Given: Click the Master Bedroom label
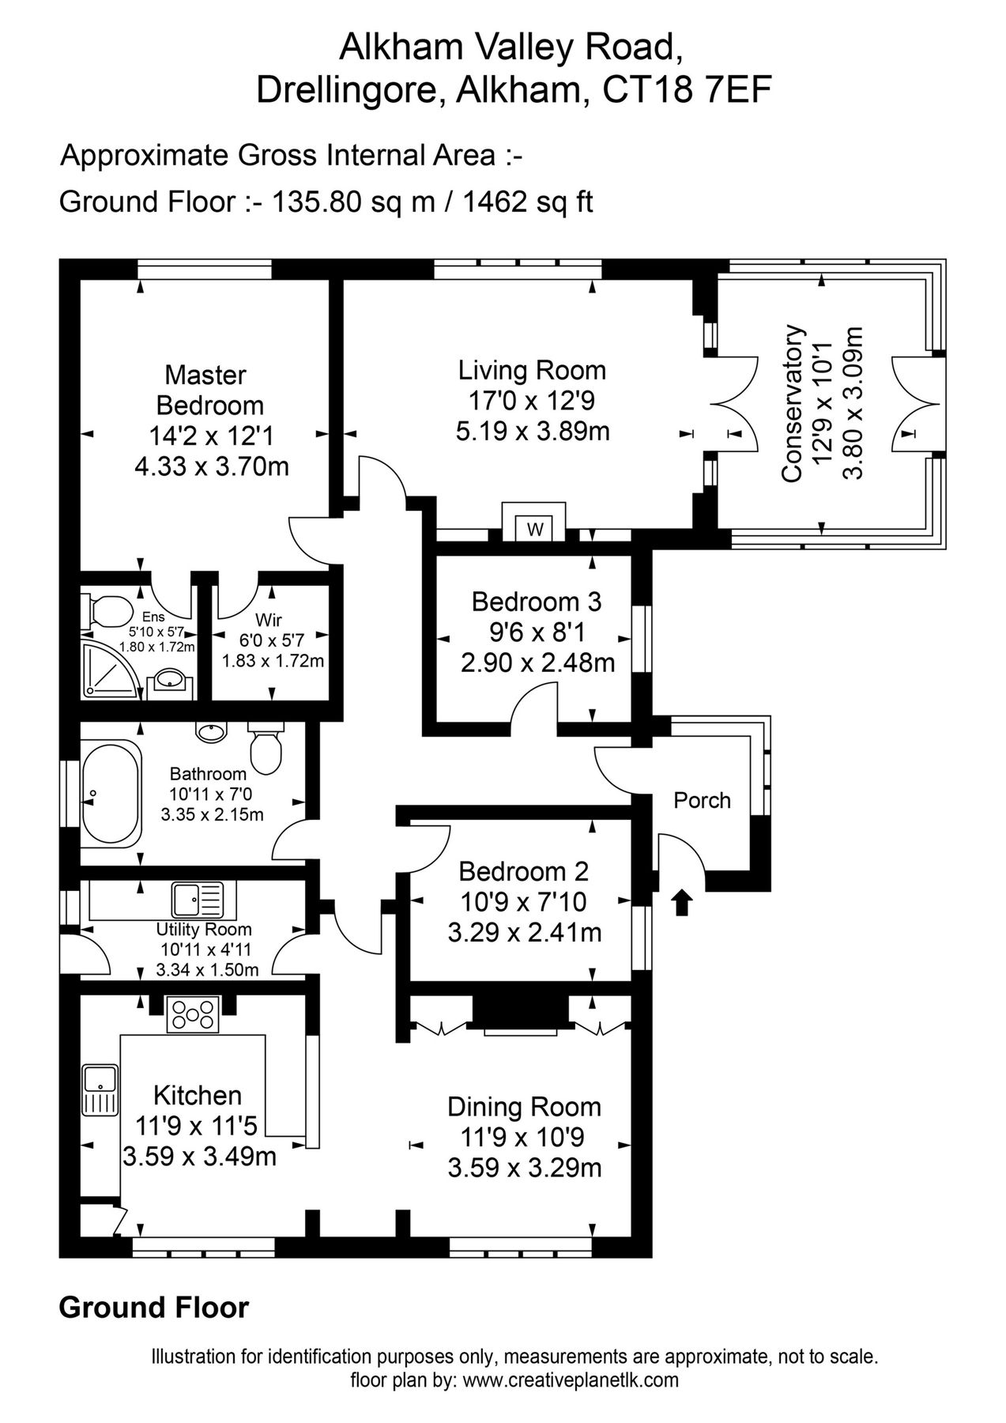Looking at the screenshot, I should tap(209, 390).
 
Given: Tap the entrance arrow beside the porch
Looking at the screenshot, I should tap(682, 902).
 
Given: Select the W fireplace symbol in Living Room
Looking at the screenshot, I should tap(535, 529).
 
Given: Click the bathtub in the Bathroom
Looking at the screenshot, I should tap(111, 793).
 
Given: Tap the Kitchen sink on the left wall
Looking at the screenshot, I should tap(100, 1089).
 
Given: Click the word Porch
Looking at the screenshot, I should tap(702, 800).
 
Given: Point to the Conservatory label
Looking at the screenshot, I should tap(792, 403).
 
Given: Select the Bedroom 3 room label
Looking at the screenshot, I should tap(536, 602).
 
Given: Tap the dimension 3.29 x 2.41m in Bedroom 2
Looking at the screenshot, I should tap(524, 933).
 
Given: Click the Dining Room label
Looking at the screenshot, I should tap(524, 1106).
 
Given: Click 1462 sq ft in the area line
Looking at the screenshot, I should tap(527, 203).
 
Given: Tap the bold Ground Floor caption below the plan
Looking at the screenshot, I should tap(153, 1308).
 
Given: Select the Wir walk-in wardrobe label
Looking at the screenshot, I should tap(269, 621).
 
